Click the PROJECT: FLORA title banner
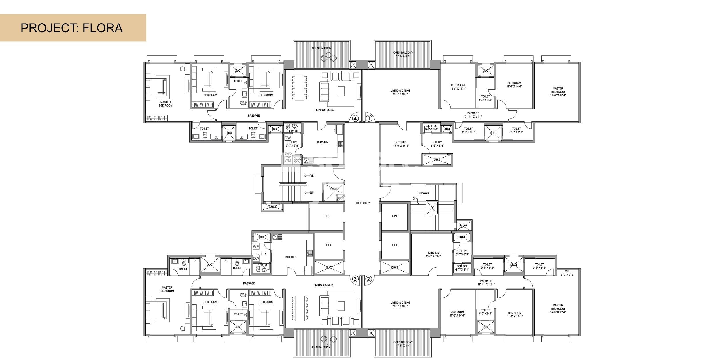pyautogui.click(x=72, y=28)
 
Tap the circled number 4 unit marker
pyautogui.click(x=355, y=118)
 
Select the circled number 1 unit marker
pyautogui.click(x=369, y=118)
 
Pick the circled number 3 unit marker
pyautogui.click(x=355, y=278)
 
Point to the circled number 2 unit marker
pyautogui.click(x=368, y=278)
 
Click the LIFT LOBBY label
pyautogui.click(x=363, y=203)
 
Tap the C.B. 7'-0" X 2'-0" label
pyautogui.click(x=567, y=273)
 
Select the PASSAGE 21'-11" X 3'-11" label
pyautogui.click(x=473, y=115)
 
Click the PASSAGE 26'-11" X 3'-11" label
pyautogui.click(x=486, y=283)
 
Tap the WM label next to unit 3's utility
pyautogui.click(x=256, y=247)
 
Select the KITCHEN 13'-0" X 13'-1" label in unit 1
pyautogui.click(x=401, y=144)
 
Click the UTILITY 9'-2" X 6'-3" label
pyautogui.click(x=437, y=144)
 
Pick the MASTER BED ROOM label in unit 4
pyautogui.click(x=165, y=104)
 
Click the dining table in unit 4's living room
pyautogui.click(x=300, y=88)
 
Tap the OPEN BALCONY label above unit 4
pyautogui.click(x=321, y=48)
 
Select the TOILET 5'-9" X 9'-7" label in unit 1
pyautogui.click(x=485, y=98)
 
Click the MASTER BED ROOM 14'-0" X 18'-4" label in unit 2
pyautogui.click(x=558, y=308)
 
